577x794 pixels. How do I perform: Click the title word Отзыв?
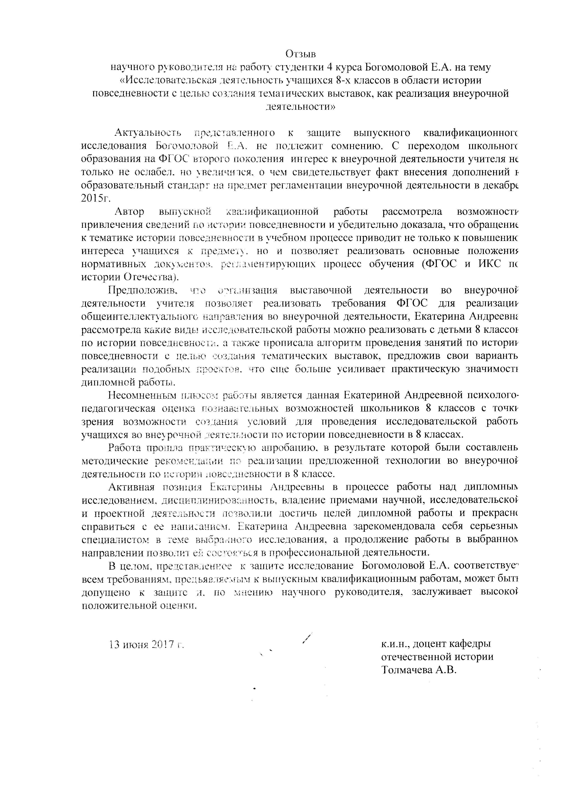[300, 54]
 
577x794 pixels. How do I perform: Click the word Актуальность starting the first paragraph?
[148, 133]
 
